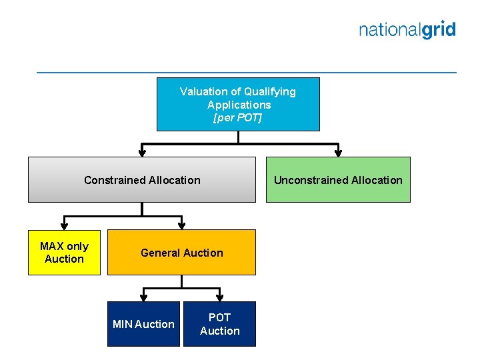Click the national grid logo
point(407,30)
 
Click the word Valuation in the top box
point(203,91)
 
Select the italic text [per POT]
point(237,118)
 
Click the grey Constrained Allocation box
point(141,180)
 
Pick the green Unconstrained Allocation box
point(338,180)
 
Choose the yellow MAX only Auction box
point(64,253)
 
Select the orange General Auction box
point(181,253)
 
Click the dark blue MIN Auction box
point(143,324)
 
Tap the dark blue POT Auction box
point(219,324)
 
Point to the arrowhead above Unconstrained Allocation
point(339,153)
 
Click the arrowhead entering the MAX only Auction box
point(64,225)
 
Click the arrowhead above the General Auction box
point(181,225)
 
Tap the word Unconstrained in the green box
point(307,180)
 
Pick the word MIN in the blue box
point(123,324)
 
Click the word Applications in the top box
point(239,105)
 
